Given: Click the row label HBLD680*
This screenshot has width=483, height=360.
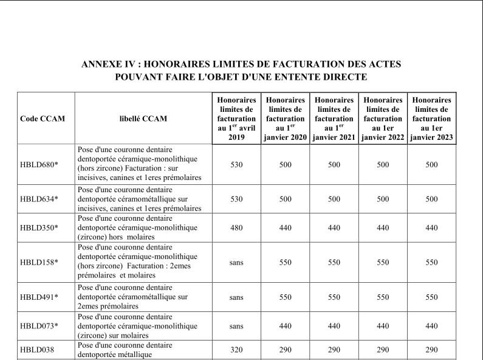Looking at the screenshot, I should [39, 165].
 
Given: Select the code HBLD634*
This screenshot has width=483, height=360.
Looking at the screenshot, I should [39, 199].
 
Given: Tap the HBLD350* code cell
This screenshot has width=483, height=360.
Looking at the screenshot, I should [39, 228].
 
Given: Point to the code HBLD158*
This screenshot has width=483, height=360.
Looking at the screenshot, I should [39, 262].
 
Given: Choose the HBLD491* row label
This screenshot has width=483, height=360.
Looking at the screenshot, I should [39, 297].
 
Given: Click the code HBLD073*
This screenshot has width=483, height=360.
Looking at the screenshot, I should [39, 326].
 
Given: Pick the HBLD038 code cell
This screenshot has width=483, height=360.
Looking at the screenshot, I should [36, 350].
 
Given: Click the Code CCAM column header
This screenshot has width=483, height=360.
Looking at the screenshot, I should [43, 119].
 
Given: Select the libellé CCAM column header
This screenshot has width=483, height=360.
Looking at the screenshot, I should [143, 119].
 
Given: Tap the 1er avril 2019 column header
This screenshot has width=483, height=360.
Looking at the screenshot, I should [237, 119].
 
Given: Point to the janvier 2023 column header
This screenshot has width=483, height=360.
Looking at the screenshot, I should [431, 119].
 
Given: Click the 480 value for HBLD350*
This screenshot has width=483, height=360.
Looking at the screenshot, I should [237, 228].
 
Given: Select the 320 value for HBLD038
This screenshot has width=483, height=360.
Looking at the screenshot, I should [237, 350].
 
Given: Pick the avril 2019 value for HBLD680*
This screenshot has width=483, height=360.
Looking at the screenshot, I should [237, 165].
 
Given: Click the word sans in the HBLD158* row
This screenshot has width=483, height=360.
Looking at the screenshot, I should [237, 262].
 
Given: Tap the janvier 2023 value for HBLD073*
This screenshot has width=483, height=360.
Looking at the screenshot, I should [431, 326].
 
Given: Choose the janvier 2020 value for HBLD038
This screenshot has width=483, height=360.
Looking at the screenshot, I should [286, 350].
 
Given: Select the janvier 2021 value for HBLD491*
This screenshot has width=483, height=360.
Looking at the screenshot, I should [334, 297].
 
